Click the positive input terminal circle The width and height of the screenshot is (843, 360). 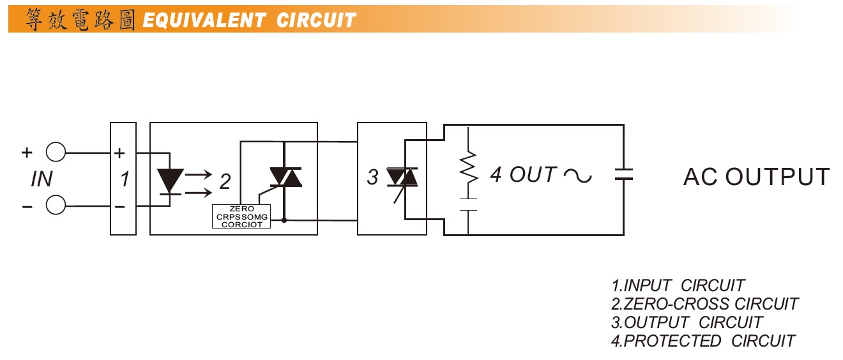(56, 153)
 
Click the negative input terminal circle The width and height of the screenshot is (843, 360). (56, 206)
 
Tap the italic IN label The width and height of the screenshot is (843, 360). (42, 180)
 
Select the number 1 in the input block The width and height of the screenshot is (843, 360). (125, 180)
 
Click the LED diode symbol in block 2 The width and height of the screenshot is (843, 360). (170, 180)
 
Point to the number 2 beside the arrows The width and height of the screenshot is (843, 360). (225, 181)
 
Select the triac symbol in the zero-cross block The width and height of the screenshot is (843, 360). (285, 177)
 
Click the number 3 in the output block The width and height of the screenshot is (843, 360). (372, 178)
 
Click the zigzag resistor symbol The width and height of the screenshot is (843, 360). (469, 167)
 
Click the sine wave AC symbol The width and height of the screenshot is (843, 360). (577, 175)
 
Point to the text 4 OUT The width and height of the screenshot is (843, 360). (523, 174)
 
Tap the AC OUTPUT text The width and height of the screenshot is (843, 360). (756, 177)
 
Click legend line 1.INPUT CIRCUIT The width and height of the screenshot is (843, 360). (678, 285)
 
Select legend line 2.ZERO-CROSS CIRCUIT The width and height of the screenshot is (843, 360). (704, 304)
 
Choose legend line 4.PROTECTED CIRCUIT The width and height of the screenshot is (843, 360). (703, 341)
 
